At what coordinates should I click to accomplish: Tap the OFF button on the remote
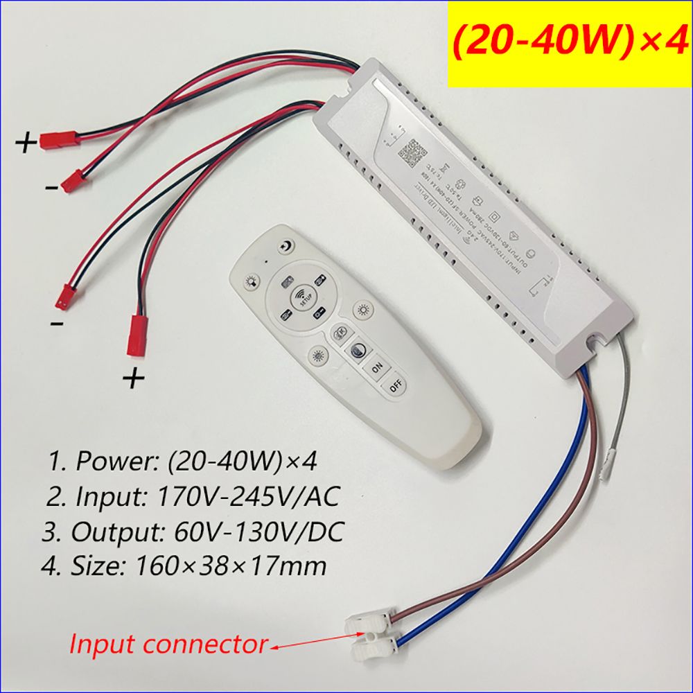click(x=396, y=387)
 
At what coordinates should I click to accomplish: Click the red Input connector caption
click(x=167, y=644)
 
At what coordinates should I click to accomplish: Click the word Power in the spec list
click(x=109, y=461)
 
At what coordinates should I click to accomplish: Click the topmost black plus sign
click(x=26, y=143)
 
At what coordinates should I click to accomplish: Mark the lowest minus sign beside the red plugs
click(x=58, y=324)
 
